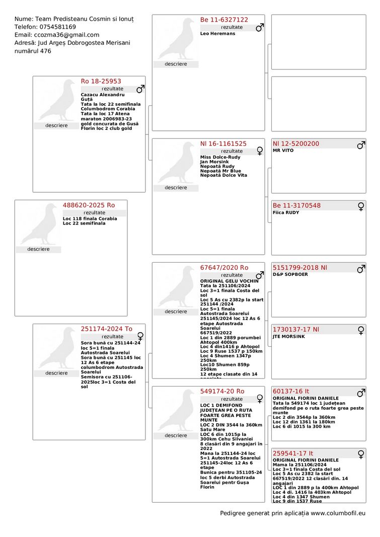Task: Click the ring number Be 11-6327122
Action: [x=224, y=20]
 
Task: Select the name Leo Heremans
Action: [x=217, y=33]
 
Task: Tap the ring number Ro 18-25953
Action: [x=101, y=81]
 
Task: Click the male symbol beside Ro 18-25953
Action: [x=140, y=89]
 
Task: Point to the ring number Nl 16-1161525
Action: [x=223, y=143]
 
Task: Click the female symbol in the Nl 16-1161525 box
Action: [x=260, y=150]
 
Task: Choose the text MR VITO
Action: [x=283, y=150]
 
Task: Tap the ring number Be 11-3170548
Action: [x=296, y=205]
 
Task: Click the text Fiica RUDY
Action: [x=286, y=212]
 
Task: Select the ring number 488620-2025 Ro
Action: [x=89, y=205]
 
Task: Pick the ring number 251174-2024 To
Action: [x=107, y=329]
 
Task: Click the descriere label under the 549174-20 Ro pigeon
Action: [x=176, y=435]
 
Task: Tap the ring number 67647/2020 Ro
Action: [x=224, y=268]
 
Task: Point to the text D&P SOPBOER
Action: [x=290, y=274]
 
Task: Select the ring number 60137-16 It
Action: [x=291, y=391]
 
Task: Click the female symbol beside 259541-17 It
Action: [x=361, y=454]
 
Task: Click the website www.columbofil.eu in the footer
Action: [x=338, y=513]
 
